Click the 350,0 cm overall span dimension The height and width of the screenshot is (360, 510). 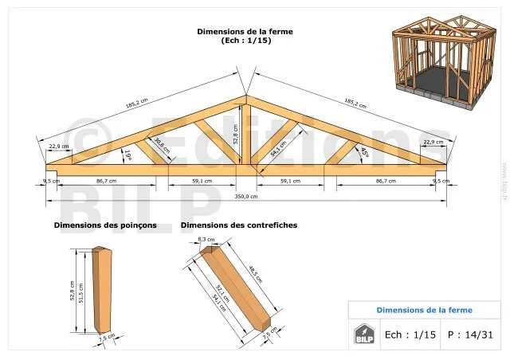(246, 196)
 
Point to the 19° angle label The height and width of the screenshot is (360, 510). (127, 154)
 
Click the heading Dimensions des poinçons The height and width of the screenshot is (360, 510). (105, 225)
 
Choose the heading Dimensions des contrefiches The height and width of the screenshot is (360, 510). (239, 225)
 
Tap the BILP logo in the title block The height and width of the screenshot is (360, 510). (363, 334)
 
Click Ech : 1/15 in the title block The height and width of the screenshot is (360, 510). (410, 335)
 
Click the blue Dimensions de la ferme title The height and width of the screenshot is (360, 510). (424, 310)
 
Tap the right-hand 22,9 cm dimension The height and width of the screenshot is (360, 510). (433, 142)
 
